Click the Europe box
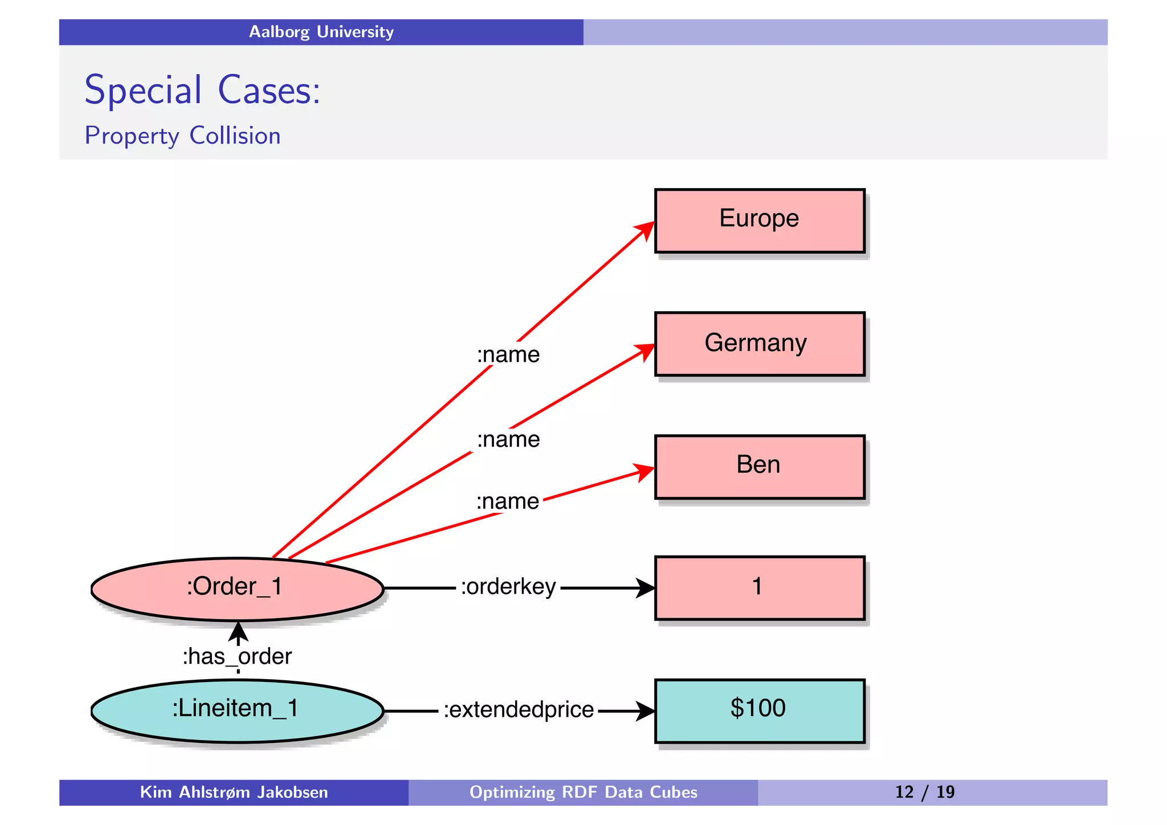point(759,220)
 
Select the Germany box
point(759,344)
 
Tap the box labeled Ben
point(759,467)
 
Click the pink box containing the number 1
point(759,587)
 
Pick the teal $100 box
point(759,710)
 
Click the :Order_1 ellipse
point(236,588)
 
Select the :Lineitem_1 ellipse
point(236,710)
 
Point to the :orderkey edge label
point(508,587)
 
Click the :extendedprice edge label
point(519,710)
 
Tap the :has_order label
point(237,656)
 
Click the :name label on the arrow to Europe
point(508,355)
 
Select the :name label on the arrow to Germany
point(508,439)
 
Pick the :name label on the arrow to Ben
point(507,501)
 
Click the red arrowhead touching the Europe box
point(646,230)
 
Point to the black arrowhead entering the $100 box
point(646,710)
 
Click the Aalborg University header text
point(321,32)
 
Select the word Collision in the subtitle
point(235,136)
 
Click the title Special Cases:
point(202,90)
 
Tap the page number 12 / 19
point(924,792)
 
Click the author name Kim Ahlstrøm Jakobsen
point(234,792)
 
